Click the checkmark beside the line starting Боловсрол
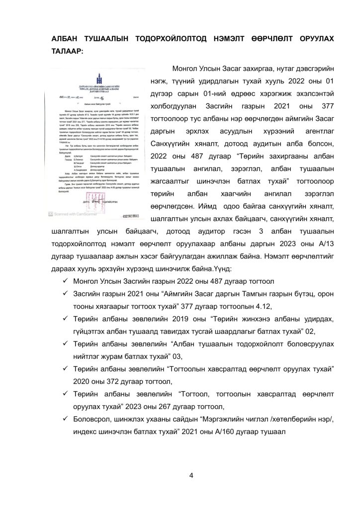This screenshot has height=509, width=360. pyautogui.click(x=65, y=420)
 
